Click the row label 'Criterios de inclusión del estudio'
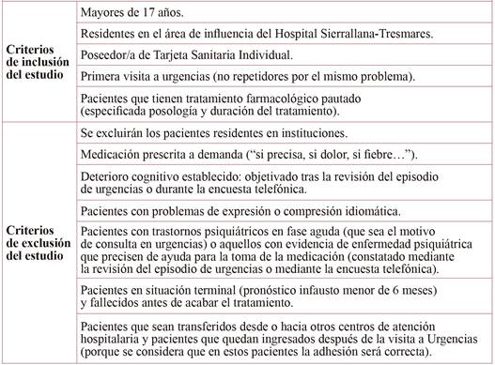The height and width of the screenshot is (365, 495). pyautogui.click(x=35, y=62)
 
